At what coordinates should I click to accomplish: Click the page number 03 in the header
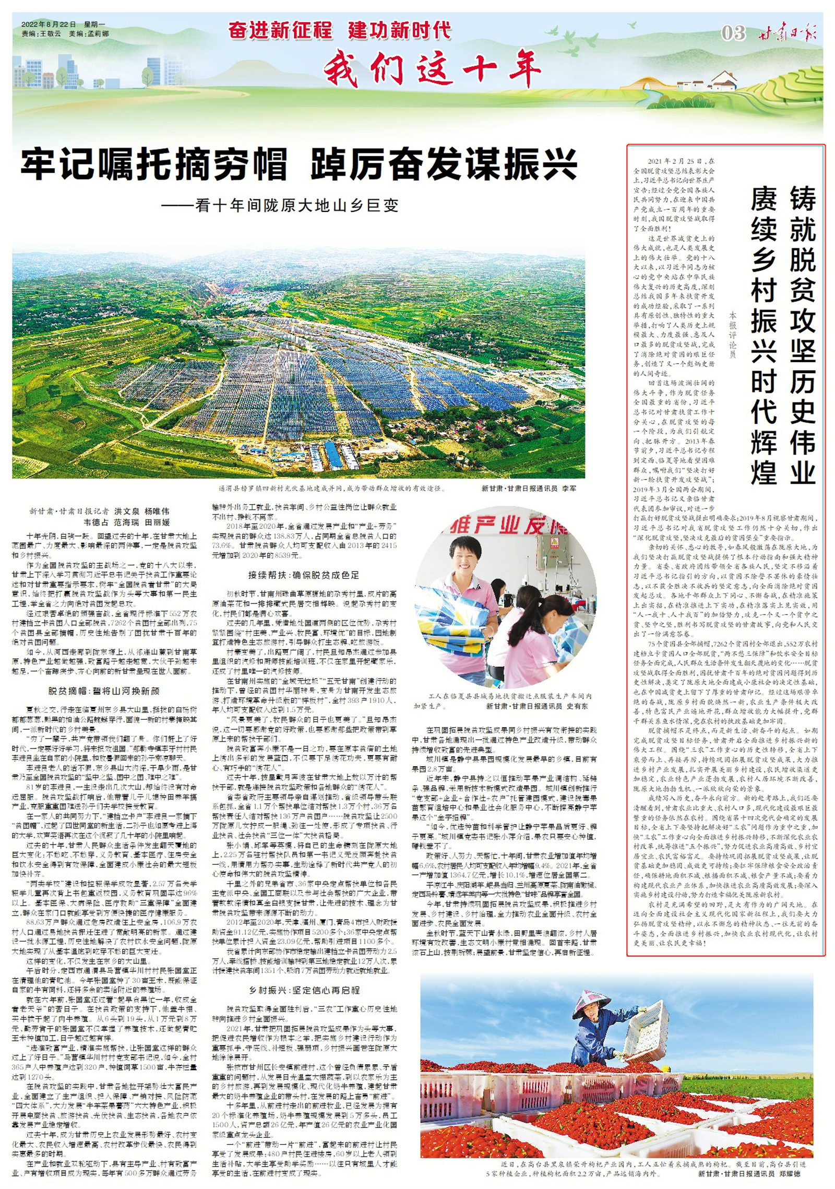pos(733,33)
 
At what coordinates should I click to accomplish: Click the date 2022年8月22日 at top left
pos(49,25)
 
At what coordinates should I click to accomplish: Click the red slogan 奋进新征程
pos(280,30)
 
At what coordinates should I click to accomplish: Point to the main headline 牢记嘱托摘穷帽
pos(154,164)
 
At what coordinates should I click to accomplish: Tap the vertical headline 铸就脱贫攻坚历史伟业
pos(802,334)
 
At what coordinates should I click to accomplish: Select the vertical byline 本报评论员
pos(733,335)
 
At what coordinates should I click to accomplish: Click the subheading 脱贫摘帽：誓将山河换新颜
pos(104,691)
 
